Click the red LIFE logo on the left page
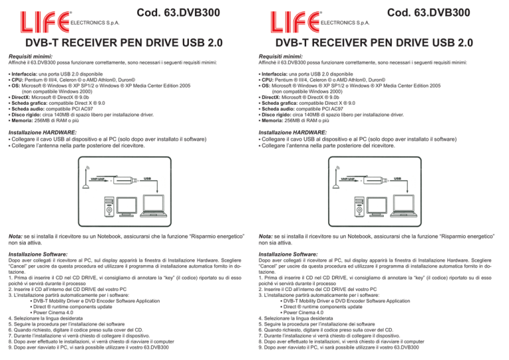click(x=45, y=22)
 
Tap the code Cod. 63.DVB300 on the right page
click(x=429, y=13)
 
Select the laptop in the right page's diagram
click(x=404, y=206)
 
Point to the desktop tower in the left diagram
click(x=109, y=207)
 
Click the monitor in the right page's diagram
click(x=377, y=207)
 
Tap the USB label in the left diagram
click(x=147, y=178)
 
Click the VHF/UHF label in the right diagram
click(x=347, y=179)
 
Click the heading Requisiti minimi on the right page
click(x=280, y=56)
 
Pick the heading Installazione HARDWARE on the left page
click(x=42, y=133)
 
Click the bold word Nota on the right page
click(x=266, y=236)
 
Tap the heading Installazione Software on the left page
click(x=38, y=254)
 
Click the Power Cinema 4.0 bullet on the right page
click(x=304, y=313)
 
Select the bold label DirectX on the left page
click(x=21, y=97)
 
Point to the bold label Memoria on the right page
click(x=272, y=121)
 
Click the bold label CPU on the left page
click(x=17, y=80)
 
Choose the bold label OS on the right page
click(x=266, y=86)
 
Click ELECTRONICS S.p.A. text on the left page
click(x=95, y=23)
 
